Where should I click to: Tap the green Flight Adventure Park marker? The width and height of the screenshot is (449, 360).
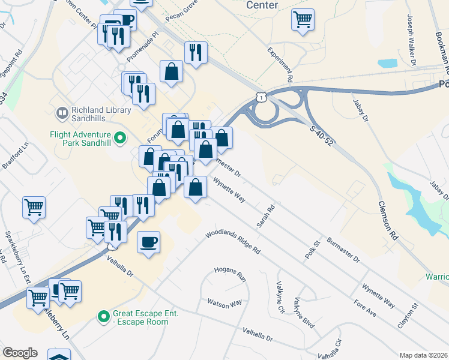[119, 139]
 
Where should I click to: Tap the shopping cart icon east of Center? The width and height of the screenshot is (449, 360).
[303, 19]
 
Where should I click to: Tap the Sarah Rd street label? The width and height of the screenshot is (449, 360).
[265, 217]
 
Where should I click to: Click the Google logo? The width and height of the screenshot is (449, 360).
[20, 353]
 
